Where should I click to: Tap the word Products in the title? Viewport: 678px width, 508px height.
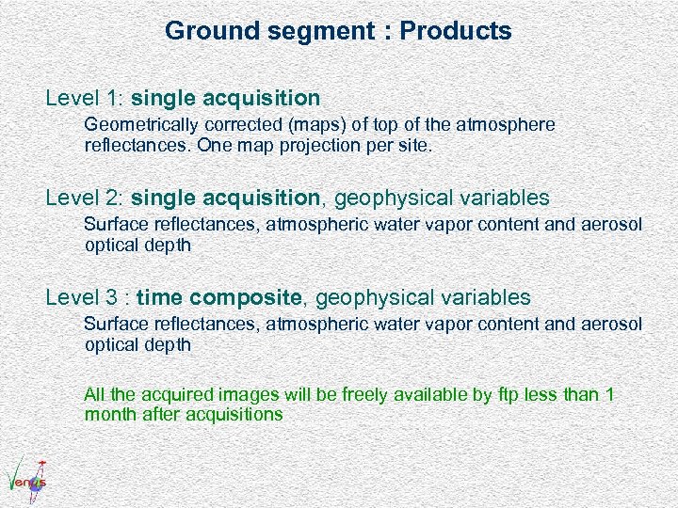[x=456, y=31]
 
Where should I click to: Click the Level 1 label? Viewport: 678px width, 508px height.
[x=85, y=98]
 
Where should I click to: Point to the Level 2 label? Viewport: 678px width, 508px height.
[x=85, y=198]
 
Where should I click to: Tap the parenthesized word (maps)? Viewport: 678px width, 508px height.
[x=314, y=124]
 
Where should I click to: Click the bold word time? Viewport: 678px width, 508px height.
[x=159, y=298]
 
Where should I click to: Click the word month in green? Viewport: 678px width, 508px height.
[x=109, y=414]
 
